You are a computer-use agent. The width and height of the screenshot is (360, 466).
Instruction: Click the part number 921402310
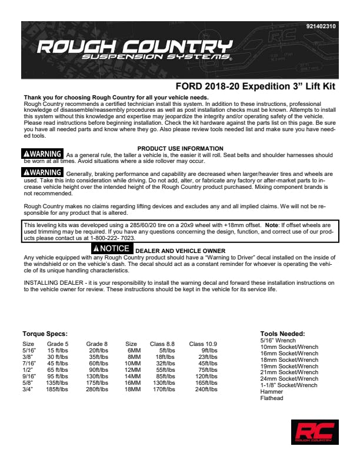pos(321,26)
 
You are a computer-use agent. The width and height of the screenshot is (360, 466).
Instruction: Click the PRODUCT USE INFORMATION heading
pos(180,148)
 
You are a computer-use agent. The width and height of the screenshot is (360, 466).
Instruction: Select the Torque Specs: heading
pos(45,334)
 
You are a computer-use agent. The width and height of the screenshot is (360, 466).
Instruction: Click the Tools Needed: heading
pos(282,334)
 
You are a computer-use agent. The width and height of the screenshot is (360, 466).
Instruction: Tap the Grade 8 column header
pos(96,344)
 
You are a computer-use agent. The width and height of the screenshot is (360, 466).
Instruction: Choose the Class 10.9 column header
pos(203,344)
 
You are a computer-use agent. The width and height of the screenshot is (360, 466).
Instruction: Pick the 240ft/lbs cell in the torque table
pos(206,389)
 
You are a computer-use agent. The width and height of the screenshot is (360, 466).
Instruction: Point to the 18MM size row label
pos(132,389)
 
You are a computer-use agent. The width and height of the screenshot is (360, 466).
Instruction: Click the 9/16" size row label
pos(29,376)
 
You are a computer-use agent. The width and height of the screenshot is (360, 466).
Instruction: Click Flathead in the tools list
pos(272,398)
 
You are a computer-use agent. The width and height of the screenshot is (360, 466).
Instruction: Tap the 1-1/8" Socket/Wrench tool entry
pos(288,385)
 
